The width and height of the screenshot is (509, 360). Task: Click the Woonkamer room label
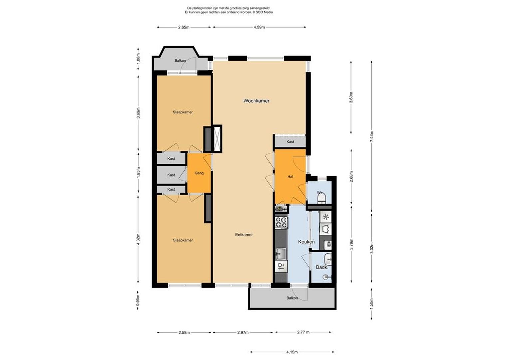256,101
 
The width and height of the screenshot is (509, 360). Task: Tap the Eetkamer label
244,235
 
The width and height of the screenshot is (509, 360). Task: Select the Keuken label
306,242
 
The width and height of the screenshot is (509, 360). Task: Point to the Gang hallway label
199,173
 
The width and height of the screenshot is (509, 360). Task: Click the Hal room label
290,176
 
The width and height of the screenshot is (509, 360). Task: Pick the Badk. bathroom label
322,267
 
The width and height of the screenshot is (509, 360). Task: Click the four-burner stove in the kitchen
281,223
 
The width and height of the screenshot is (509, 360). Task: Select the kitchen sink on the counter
281,253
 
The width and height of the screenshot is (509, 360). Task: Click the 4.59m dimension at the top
259,27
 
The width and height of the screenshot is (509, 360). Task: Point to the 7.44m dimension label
372,136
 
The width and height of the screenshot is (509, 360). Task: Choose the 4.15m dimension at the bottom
292,352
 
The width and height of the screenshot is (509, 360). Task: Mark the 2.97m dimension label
243,332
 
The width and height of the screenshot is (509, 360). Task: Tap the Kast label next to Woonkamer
290,142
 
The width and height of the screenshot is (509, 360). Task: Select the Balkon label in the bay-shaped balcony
180,61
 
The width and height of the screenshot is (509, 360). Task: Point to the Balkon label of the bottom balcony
292,298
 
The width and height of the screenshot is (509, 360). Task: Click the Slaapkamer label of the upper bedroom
183,112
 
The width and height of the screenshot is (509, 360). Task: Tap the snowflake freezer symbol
326,217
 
